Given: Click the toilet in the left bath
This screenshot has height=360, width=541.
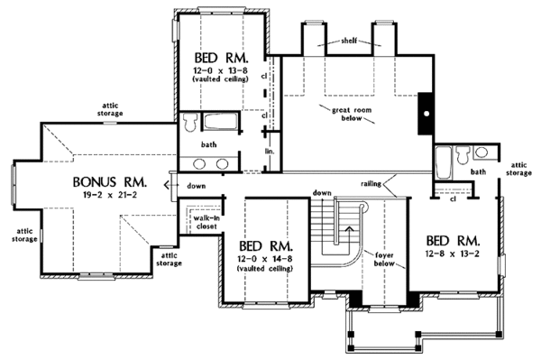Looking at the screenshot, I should pyautogui.click(x=189, y=123).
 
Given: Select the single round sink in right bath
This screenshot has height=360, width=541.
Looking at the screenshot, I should pyautogui.click(x=481, y=152).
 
